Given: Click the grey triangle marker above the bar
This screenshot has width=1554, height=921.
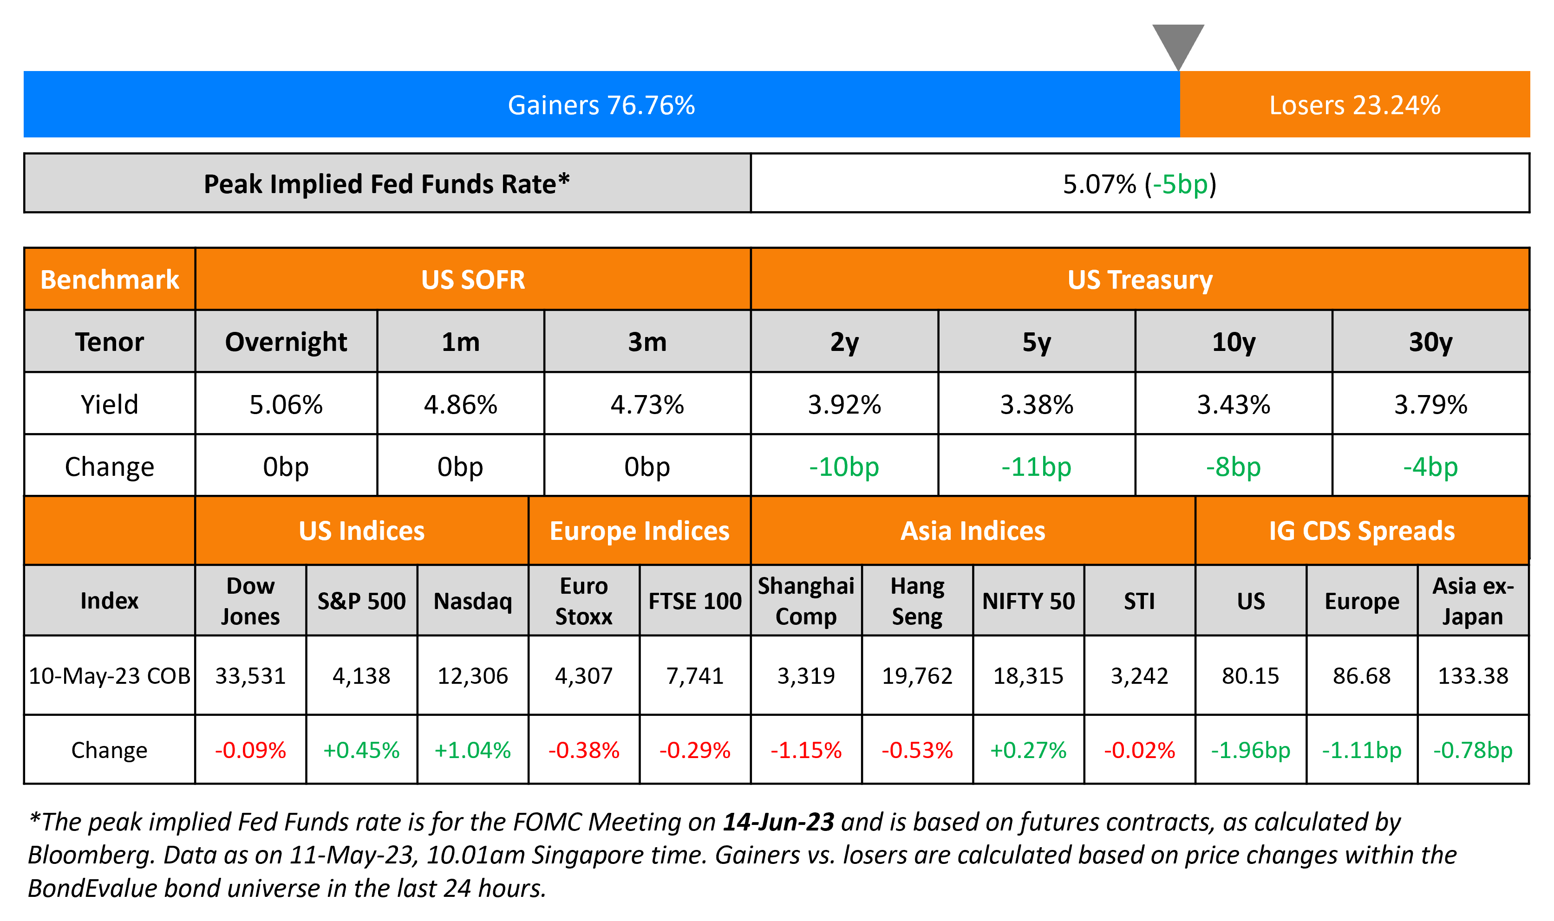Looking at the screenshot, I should pyautogui.click(x=1178, y=44).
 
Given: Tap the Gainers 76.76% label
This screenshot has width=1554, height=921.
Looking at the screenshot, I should pyautogui.click(x=601, y=105).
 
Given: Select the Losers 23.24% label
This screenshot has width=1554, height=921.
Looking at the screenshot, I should pyautogui.click(x=1354, y=105).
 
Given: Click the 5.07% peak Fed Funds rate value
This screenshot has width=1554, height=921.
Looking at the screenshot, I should pyautogui.click(x=1099, y=184).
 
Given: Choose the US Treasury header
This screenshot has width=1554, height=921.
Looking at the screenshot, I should pyautogui.click(x=1140, y=280).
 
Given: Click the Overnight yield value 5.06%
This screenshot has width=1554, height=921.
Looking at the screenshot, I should pyautogui.click(x=286, y=405).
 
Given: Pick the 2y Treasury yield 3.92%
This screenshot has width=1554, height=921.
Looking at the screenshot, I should pyautogui.click(x=844, y=405).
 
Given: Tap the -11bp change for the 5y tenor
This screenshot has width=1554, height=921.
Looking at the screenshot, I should pyautogui.click(x=1036, y=467).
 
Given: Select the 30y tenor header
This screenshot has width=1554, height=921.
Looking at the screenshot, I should pyautogui.click(x=1430, y=342).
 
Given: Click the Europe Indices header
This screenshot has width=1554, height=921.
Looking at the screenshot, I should pyautogui.click(x=640, y=531).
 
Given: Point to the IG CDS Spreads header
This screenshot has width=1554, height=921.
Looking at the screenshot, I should pyautogui.click(x=1362, y=531).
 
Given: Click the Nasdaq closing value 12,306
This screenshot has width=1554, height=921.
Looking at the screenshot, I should pyautogui.click(x=472, y=675).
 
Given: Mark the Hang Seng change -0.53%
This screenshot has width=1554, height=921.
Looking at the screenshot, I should pyautogui.click(x=917, y=750).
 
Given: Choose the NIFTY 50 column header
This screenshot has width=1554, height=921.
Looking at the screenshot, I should pyautogui.click(x=1028, y=601).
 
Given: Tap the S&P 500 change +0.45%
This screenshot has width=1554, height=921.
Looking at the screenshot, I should pyautogui.click(x=361, y=750).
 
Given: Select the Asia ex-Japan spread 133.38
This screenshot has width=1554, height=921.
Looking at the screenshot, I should pyautogui.click(x=1473, y=675).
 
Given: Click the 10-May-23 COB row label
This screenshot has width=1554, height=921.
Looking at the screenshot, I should pyautogui.click(x=109, y=675).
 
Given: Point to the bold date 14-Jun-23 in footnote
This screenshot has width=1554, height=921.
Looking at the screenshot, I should pyautogui.click(x=778, y=822).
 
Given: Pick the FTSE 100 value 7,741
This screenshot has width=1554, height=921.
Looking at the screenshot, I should pyautogui.click(x=695, y=675).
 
